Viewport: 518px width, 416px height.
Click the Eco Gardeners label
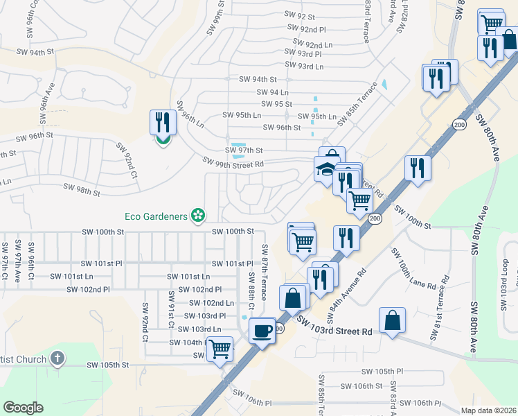coord(156,216)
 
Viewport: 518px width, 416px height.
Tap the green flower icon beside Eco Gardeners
coord(199,216)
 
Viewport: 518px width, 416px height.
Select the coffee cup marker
coord(262,330)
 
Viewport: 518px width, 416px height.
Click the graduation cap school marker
coord(325,169)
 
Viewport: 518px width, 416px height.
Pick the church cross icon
coord(57,358)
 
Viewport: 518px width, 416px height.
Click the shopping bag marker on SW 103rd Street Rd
coord(392,320)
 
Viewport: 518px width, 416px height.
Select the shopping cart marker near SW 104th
coord(220,349)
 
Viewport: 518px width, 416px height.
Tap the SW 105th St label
coord(108,365)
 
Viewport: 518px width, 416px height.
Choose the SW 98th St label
coord(82,188)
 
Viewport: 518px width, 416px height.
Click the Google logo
coord(23,408)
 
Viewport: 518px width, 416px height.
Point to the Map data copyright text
coord(489,410)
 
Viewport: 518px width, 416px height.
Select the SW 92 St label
coord(299,15)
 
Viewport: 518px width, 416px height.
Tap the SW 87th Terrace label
coord(264,272)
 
